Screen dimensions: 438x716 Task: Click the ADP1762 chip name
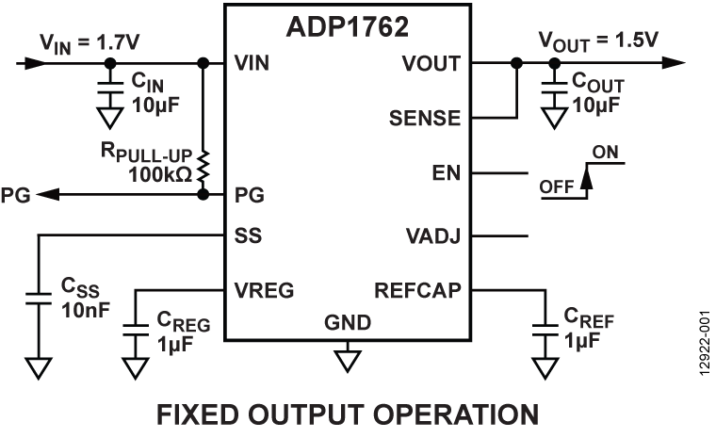pyautogui.click(x=347, y=26)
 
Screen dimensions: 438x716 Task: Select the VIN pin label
pyautogui.click(x=252, y=64)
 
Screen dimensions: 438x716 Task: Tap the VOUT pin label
pyautogui.click(x=431, y=64)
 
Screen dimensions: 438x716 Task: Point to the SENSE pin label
pyautogui.click(x=425, y=119)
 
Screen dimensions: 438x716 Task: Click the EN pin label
pyautogui.click(x=446, y=174)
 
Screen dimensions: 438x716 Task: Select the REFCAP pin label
pyautogui.click(x=418, y=290)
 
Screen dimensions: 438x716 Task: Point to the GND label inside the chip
pyautogui.click(x=348, y=322)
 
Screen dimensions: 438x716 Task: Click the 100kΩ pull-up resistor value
pyautogui.click(x=159, y=175)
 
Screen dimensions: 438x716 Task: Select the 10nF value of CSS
pyautogui.click(x=83, y=308)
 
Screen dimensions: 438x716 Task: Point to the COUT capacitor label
pyautogui.click(x=598, y=85)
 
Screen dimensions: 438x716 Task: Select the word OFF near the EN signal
pyautogui.click(x=557, y=187)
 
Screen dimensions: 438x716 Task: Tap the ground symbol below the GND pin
pyautogui.click(x=348, y=360)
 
